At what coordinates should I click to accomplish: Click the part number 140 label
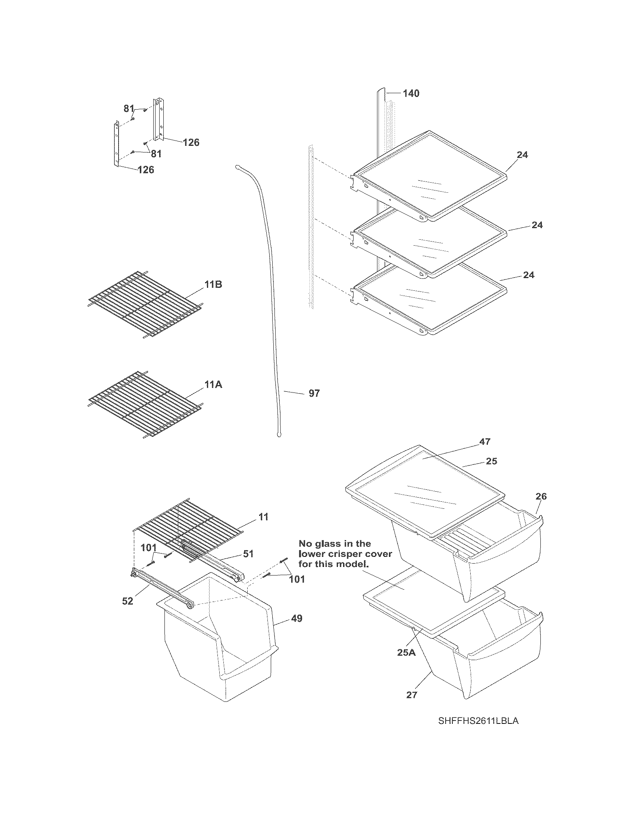411,93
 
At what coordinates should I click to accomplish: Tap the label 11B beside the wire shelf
213,285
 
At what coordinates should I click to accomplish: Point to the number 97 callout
314,393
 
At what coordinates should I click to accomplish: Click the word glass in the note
334,543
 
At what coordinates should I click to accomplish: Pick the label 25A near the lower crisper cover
407,653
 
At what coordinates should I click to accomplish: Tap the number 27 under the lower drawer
412,695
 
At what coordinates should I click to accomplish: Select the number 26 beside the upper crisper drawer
541,496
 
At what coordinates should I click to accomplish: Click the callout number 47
485,442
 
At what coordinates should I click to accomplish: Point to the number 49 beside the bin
297,618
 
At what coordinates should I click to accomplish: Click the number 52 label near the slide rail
128,601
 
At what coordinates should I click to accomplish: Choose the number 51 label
248,553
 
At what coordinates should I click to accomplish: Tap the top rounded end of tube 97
238,166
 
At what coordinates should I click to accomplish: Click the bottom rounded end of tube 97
279,435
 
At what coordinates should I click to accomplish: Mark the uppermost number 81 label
129,108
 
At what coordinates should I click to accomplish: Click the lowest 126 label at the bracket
146,170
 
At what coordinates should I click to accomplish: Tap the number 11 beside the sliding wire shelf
264,517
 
